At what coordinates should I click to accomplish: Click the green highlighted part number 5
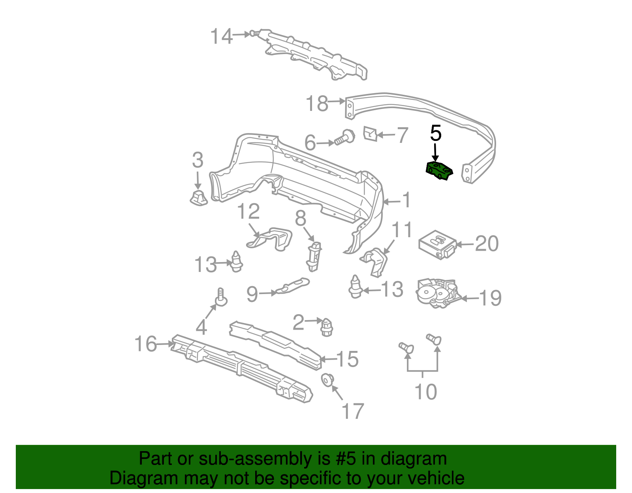438,171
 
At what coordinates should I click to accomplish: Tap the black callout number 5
435,133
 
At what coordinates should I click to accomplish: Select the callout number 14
221,36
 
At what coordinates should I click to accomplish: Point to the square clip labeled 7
370,133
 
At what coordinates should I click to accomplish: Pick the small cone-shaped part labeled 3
198,197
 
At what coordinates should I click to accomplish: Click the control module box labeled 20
437,244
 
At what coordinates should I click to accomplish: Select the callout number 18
317,103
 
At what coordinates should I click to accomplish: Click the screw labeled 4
221,298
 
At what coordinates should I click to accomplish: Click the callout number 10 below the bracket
425,392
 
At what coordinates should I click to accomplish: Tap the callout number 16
146,344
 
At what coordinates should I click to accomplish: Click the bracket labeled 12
271,238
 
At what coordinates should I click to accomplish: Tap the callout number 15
347,359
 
